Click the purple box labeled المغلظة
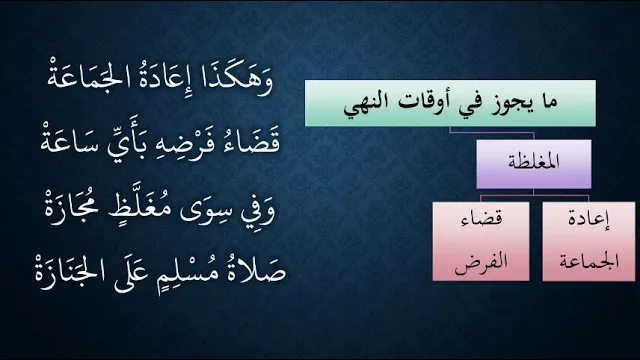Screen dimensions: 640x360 [x=534, y=164]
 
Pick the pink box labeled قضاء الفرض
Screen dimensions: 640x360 [x=481, y=241]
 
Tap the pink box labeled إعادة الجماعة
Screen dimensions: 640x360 [x=589, y=241]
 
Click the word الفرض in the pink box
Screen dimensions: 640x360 [x=481, y=260]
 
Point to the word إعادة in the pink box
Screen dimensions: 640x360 [x=589, y=220]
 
